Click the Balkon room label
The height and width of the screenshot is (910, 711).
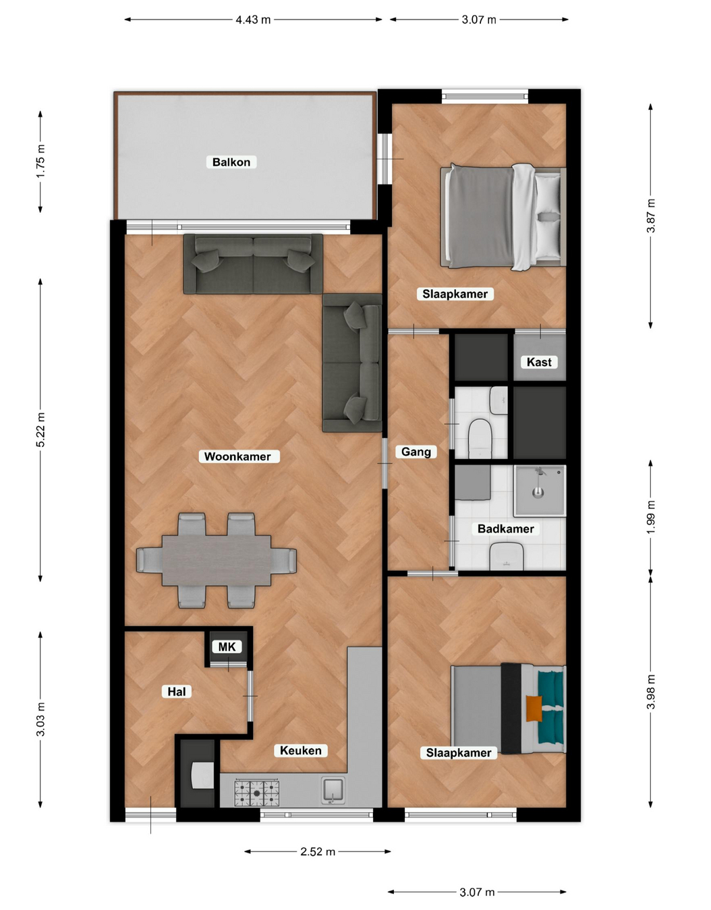pyautogui.click(x=231, y=162)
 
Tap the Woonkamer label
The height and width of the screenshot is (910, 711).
pyautogui.click(x=237, y=456)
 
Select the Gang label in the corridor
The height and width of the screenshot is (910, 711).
pyautogui.click(x=416, y=452)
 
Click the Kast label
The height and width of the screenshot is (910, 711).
pyautogui.click(x=539, y=362)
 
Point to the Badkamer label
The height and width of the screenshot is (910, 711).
pyautogui.click(x=506, y=529)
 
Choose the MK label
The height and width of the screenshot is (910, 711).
pyautogui.click(x=227, y=646)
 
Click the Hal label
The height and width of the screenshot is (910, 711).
pyautogui.click(x=176, y=692)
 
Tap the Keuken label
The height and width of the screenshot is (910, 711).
pyautogui.click(x=301, y=750)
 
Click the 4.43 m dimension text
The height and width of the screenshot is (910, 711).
pyautogui.click(x=253, y=20)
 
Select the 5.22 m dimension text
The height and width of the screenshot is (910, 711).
pyautogui.click(x=40, y=429)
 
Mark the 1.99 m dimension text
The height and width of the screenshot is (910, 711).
pyautogui.click(x=651, y=517)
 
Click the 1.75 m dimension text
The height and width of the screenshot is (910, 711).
pyautogui.click(x=40, y=161)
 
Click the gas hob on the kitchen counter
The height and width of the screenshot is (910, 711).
pyautogui.click(x=257, y=793)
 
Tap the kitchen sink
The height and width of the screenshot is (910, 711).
pyautogui.click(x=333, y=790)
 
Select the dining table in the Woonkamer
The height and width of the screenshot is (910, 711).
pyautogui.click(x=217, y=560)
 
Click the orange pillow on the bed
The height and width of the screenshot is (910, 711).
pyautogui.click(x=534, y=708)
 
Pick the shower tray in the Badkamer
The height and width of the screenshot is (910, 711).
pyautogui.click(x=540, y=490)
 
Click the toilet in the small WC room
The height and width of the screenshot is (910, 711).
pyautogui.click(x=480, y=439)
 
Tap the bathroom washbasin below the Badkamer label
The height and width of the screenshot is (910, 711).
pyautogui.click(x=506, y=556)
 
